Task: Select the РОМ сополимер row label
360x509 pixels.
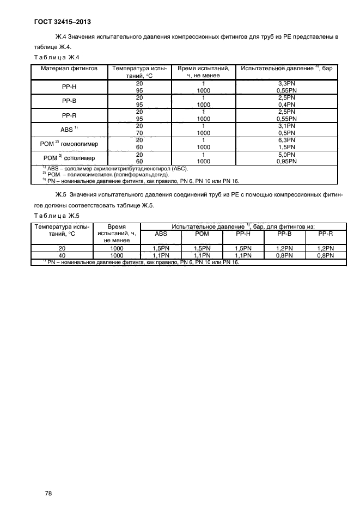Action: tap(69, 158)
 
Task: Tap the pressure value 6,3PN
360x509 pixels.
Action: tap(286, 140)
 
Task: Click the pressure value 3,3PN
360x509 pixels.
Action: tap(286, 83)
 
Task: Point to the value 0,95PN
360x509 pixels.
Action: tap(286, 161)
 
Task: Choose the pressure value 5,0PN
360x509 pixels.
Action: tap(286, 154)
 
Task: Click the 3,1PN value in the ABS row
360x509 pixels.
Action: tap(286, 126)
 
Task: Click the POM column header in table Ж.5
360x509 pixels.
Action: tap(202, 234)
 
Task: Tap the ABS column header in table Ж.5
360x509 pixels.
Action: tap(161, 234)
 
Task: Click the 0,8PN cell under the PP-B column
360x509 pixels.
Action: tap(284, 255)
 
